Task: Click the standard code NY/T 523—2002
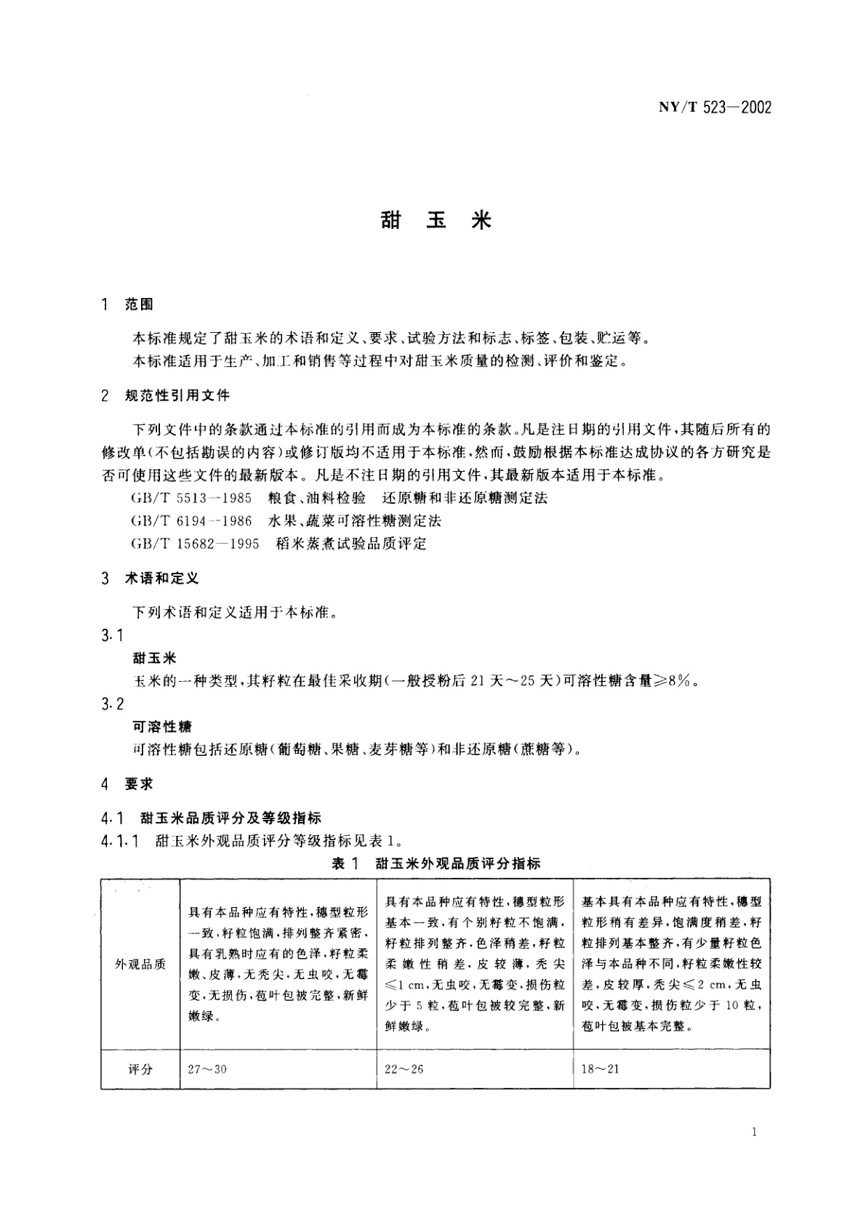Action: coord(715,108)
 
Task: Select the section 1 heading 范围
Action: coord(139,305)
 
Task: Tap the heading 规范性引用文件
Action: coord(177,395)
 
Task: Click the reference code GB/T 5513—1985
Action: coord(191,498)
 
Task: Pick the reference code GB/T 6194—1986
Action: coord(191,520)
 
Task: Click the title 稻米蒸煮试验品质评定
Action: coord(351,543)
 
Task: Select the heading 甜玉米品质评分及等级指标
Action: coord(231,818)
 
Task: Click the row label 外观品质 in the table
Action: coord(140,964)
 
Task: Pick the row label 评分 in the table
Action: coord(140,1069)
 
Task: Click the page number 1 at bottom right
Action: coord(757,1131)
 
